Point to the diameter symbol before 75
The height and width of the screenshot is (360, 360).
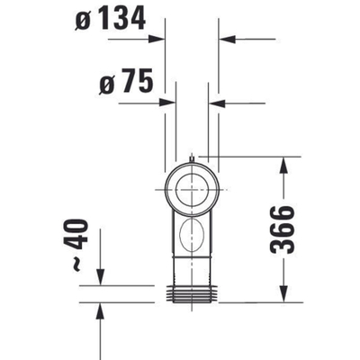[104, 85]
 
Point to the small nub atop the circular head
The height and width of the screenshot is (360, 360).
[192, 158]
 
